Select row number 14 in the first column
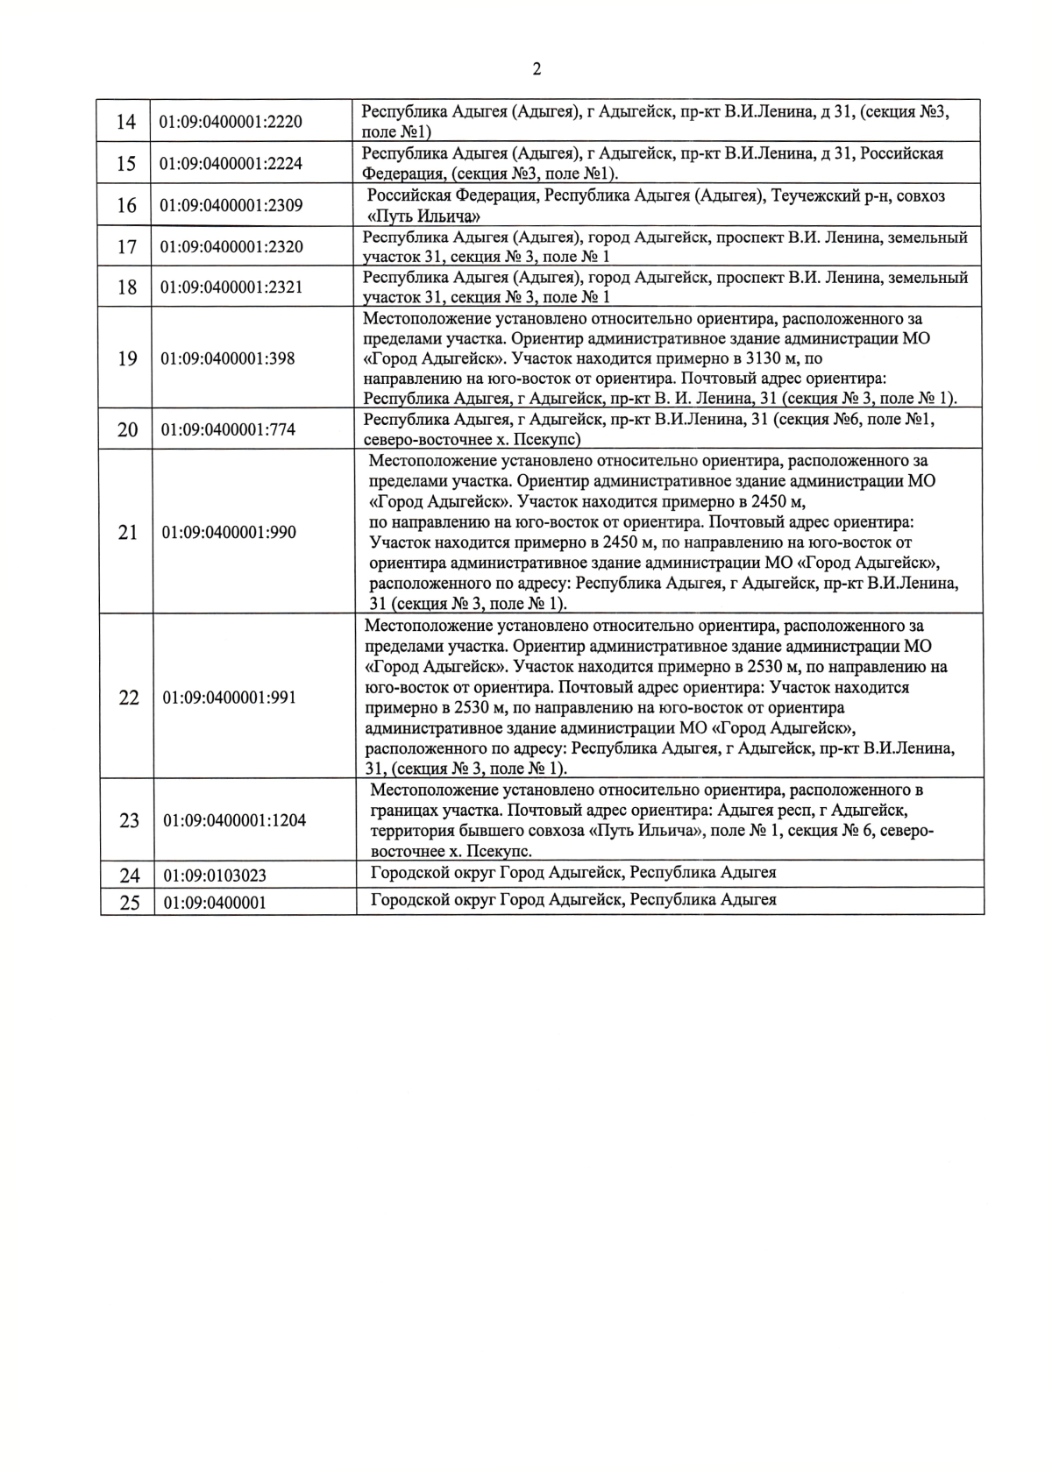coord(126,122)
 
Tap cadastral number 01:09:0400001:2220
coord(231,122)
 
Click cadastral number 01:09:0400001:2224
coord(231,164)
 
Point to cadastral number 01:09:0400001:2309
coord(231,206)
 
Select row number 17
coord(127,247)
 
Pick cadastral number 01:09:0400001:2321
coord(231,287)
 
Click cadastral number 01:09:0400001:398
coord(227,358)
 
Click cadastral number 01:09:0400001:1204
coord(234,821)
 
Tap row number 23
coord(129,821)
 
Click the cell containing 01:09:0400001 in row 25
coord(215,903)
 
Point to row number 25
coord(129,903)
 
